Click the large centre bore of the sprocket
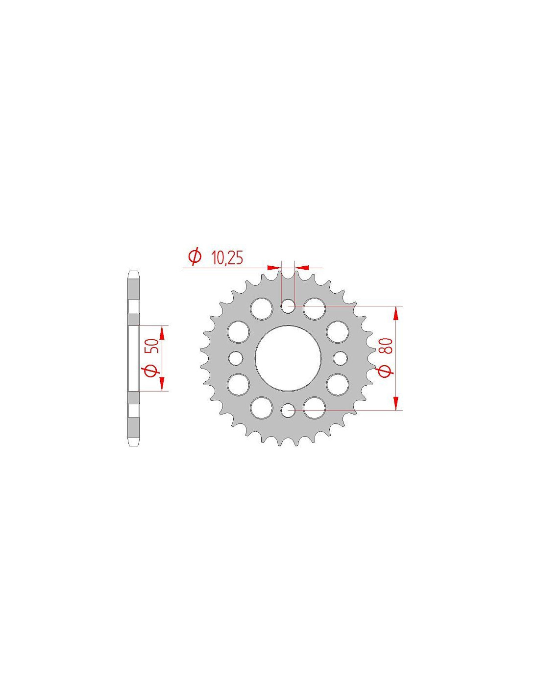pos(288,358)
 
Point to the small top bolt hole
pos(288,306)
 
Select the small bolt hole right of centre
pos(340,358)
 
